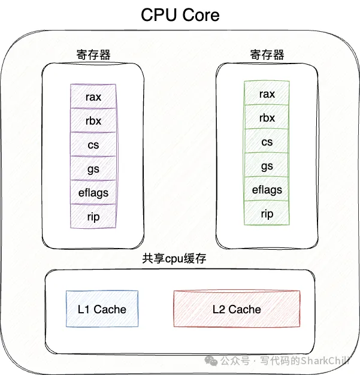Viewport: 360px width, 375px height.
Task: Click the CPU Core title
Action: [180, 14]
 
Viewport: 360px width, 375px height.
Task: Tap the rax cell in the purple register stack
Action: [93, 96]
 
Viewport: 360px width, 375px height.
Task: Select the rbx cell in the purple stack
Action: [93, 120]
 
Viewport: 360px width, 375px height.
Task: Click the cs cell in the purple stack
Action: [93, 144]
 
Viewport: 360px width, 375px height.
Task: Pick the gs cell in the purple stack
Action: [93, 168]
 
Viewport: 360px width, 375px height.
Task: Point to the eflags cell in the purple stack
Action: [93, 192]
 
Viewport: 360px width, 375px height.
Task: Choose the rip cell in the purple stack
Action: [93, 216]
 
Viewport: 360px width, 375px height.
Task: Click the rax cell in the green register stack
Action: [267, 94]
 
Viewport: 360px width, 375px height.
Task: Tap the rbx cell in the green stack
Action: [267, 117]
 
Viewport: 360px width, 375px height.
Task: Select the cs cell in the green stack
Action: [267, 141]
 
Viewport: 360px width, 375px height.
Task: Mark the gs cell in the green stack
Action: [267, 165]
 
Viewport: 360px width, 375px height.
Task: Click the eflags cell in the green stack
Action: [267, 189]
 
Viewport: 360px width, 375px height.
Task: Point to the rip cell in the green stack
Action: [267, 213]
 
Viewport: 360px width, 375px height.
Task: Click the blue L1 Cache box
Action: [102, 309]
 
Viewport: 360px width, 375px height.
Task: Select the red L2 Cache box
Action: [237, 309]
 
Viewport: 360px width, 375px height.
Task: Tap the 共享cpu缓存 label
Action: [174, 259]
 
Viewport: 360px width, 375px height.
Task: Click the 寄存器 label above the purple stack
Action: [93, 55]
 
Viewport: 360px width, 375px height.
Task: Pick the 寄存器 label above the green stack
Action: [267, 55]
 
